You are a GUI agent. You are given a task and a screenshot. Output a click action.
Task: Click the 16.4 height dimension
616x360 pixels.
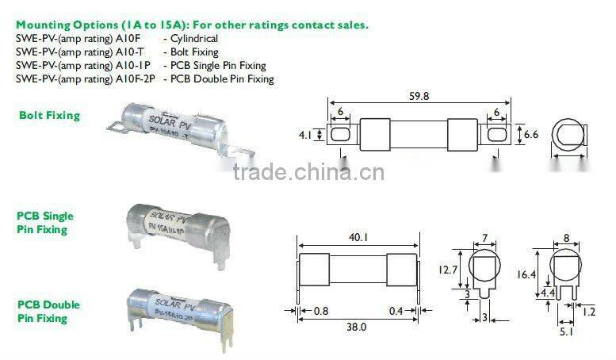click(526, 274)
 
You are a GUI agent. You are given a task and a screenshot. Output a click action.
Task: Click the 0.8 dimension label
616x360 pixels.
click(321, 311)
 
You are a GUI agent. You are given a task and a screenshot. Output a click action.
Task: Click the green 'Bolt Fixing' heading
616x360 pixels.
click(49, 116)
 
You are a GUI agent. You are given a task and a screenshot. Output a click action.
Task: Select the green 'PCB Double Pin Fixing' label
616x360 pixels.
click(48, 312)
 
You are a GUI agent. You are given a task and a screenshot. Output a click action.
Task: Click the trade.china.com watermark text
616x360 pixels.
click(308, 172)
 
